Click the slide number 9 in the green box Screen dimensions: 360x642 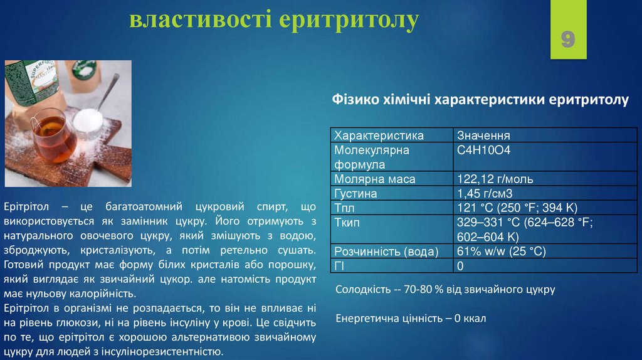tap(568, 40)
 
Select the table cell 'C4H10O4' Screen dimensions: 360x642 tap(484, 151)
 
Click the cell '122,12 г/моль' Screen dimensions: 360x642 tap(496, 179)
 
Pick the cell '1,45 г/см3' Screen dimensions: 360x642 tap(486, 194)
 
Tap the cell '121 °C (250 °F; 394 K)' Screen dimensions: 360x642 tap(518, 208)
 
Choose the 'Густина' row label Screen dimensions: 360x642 tap(356, 194)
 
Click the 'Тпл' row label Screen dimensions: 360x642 tap(344, 208)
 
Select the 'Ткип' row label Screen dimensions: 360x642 tap(347, 223)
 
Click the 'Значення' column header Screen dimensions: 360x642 tap(483, 135)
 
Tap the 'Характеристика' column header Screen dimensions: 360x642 tap(379, 135)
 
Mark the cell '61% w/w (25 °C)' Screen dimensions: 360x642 tap(502, 251)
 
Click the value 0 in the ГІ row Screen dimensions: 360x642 tap(460, 266)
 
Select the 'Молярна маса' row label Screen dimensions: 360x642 tap(375, 179)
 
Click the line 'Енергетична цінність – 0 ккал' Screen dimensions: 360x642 tap(411, 318)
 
